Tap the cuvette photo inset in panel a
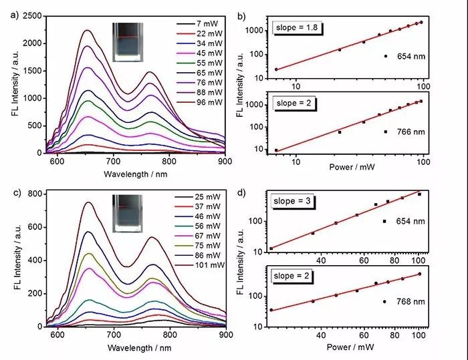point(128,41)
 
